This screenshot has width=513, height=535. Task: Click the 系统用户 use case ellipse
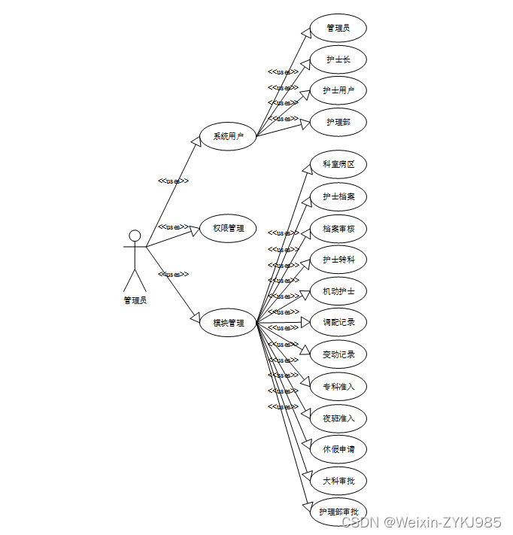click(x=228, y=136)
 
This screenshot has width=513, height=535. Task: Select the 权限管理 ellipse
click(x=228, y=228)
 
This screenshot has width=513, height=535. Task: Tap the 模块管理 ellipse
click(x=228, y=323)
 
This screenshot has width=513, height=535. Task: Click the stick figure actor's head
click(x=135, y=236)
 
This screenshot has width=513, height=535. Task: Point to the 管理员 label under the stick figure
click(x=135, y=300)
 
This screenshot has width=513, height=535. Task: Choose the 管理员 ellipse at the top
click(x=338, y=28)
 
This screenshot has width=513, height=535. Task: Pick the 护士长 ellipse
click(x=338, y=59)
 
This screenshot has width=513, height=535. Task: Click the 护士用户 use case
click(x=338, y=91)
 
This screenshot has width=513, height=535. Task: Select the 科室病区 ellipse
click(x=338, y=164)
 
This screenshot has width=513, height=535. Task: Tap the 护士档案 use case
click(x=338, y=196)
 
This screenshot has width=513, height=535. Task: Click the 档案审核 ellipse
click(x=338, y=228)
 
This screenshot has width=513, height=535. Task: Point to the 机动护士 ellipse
click(x=338, y=291)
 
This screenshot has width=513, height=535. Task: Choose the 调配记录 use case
click(x=338, y=322)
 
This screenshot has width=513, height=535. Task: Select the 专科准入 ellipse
click(x=338, y=386)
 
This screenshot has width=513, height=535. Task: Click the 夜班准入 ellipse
click(x=338, y=418)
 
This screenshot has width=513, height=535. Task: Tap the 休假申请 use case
click(x=338, y=449)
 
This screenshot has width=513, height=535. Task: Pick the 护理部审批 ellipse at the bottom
click(x=338, y=512)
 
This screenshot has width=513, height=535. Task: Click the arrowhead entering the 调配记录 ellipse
click(x=305, y=323)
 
